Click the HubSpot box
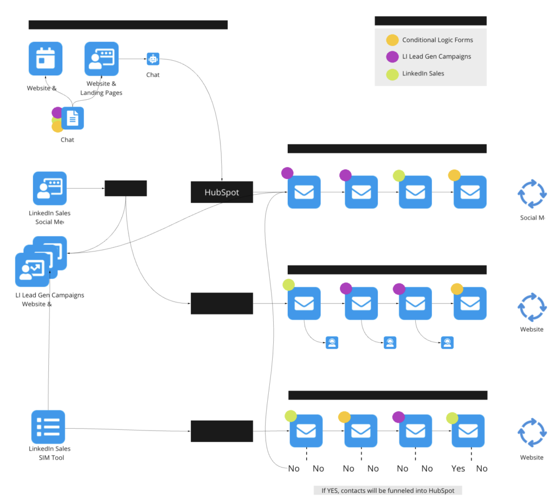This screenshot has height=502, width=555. click(222, 192)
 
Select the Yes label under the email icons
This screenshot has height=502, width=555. click(458, 468)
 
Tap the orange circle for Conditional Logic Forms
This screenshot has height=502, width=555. click(392, 40)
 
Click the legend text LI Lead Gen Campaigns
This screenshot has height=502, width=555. click(436, 56)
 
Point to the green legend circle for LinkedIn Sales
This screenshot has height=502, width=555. click(392, 73)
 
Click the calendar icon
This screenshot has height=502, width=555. click(45, 59)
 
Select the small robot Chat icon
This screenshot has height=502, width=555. click(153, 59)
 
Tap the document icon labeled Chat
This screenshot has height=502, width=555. click(73, 118)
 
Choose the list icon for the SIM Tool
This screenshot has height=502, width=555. click(48, 427)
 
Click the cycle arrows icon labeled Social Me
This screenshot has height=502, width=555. click(532, 194)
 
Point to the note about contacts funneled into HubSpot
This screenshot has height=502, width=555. click(388, 490)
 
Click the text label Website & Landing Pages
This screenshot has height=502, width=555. click(101, 88)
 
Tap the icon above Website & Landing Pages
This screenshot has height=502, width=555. click(101, 59)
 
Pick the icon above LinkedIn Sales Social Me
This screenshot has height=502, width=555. click(49, 188)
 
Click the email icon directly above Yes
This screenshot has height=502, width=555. click(468, 431)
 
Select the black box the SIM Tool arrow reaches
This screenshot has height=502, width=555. click(222, 431)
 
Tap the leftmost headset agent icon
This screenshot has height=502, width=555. click(332, 343)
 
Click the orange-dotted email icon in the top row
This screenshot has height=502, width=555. click(469, 192)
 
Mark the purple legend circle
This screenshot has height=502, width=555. click(392, 56)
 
